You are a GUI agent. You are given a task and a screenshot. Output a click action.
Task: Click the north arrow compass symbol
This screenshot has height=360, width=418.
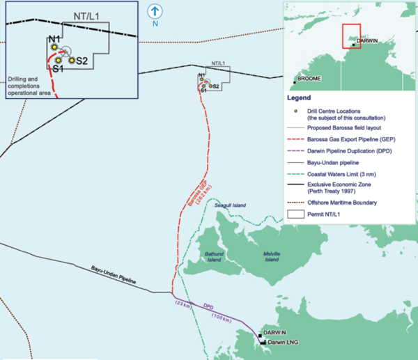(x=154, y=10)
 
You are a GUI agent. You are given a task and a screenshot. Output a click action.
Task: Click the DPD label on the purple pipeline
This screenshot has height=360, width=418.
(x=208, y=306)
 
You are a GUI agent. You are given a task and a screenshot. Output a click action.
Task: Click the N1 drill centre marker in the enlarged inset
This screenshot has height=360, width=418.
(x=54, y=47)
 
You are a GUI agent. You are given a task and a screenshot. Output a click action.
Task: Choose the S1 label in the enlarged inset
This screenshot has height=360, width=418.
(x=58, y=69)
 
